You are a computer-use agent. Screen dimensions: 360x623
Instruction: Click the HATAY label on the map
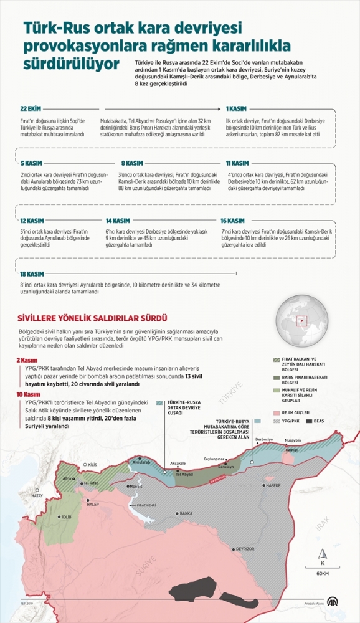coord(37,496)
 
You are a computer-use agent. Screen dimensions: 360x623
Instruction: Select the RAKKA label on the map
coord(185,513)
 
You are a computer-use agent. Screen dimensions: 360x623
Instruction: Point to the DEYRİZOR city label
coord(244,549)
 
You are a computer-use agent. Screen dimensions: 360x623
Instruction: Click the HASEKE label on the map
coord(273,485)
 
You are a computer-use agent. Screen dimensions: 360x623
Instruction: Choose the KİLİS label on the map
coord(92,465)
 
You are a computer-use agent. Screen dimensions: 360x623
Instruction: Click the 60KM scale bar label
coord(322,573)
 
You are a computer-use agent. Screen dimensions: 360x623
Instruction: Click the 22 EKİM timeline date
coord(31,108)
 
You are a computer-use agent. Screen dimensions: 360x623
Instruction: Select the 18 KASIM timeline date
coord(32,274)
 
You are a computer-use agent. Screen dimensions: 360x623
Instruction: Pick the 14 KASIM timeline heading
coord(118,221)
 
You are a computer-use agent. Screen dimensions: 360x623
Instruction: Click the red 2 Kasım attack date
coord(28,359)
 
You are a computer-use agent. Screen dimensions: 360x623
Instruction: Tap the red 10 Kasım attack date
coord(29,395)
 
